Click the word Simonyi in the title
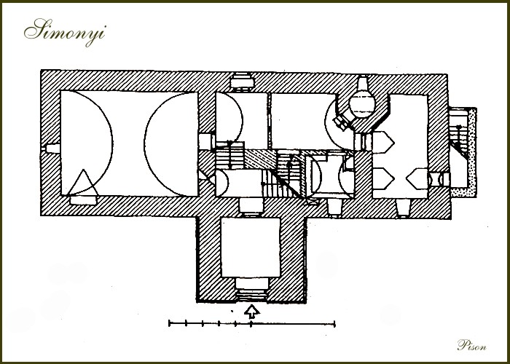65,32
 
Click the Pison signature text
471,345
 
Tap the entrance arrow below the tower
252,312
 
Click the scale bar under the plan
252,323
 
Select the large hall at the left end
129,143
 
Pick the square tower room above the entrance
251,248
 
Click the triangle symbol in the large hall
83,182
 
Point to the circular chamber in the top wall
362,104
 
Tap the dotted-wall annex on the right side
463,152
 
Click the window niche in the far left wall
52,149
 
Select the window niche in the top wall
242,80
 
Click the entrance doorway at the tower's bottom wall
251,290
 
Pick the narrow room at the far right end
408,146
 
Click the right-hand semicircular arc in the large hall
144,143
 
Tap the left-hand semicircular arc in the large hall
112,143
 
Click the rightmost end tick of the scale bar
334,323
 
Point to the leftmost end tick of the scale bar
169,323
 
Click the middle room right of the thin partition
302,121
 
